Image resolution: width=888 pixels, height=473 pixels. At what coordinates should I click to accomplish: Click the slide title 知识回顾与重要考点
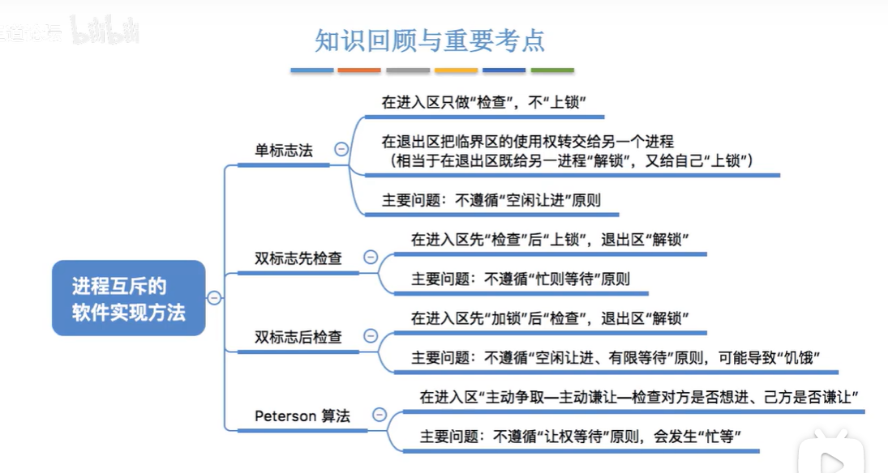click(x=430, y=40)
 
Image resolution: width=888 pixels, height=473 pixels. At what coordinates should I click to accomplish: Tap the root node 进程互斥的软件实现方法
click(x=128, y=298)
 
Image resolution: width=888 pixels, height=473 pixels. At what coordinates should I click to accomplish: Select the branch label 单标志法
click(x=283, y=151)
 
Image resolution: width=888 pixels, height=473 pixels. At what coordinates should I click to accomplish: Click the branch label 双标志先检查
click(x=298, y=258)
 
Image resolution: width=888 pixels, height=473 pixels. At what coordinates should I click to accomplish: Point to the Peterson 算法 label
click(x=302, y=415)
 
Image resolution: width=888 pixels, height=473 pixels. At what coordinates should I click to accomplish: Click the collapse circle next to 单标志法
click(x=341, y=149)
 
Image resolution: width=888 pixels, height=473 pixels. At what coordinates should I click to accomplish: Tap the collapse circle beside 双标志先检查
click(x=371, y=258)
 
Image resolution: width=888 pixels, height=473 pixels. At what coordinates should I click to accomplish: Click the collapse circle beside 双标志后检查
click(x=371, y=335)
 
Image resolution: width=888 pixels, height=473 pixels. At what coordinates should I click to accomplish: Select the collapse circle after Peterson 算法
click(x=380, y=415)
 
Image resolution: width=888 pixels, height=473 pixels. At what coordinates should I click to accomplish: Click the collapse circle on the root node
click(x=214, y=298)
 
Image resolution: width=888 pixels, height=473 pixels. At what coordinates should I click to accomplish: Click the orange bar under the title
click(x=359, y=70)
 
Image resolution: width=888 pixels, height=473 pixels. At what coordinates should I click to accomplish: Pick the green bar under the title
click(x=552, y=70)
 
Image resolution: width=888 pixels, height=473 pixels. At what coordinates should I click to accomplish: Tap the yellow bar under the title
click(x=456, y=70)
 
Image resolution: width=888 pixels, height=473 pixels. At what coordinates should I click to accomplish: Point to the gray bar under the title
click(x=408, y=70)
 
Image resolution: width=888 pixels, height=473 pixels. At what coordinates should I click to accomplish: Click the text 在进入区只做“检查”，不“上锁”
click(x=483, y=103)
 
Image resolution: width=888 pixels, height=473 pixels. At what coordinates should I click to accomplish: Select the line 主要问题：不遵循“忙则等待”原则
click(x=520, y=279)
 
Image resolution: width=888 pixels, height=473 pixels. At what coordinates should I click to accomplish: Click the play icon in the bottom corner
click(x=830, y=460)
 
